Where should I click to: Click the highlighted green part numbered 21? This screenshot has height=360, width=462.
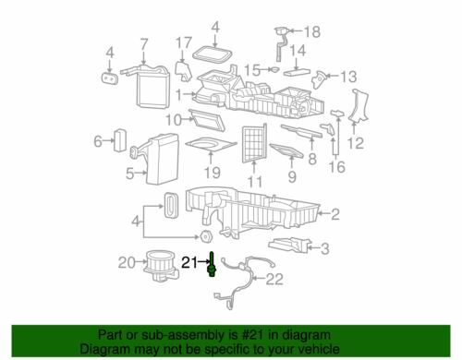tap(212, 265)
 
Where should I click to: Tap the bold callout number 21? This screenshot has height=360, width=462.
tap(189, 262)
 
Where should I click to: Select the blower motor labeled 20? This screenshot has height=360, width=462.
tap(161, 266)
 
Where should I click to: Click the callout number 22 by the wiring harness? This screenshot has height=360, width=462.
tap(274, 279)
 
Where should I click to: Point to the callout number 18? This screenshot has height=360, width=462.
tap(312, 32)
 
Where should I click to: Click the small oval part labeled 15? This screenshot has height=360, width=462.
tap(274, 69)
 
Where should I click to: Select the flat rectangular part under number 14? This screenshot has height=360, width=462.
tap(297, 73)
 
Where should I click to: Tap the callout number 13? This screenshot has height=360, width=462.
tap(348, 77)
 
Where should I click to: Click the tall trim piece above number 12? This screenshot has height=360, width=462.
tap(359, 105)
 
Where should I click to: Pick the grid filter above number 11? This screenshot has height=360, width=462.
tap(254, 143)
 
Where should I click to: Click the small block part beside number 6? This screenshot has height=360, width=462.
tap(120, 140)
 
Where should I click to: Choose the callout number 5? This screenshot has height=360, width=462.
tap(130, 174)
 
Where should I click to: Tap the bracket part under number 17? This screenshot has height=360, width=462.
tap(184, 71)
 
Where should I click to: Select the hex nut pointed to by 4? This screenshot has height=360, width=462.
tap(205, 236)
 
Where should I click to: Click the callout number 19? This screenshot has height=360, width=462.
tap(213, 173)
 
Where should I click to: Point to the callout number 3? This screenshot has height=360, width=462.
tap(324, 248)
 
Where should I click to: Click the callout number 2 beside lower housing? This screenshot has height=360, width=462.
tap(335, 214)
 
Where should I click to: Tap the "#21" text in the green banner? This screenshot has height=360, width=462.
tap(250, 335)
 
